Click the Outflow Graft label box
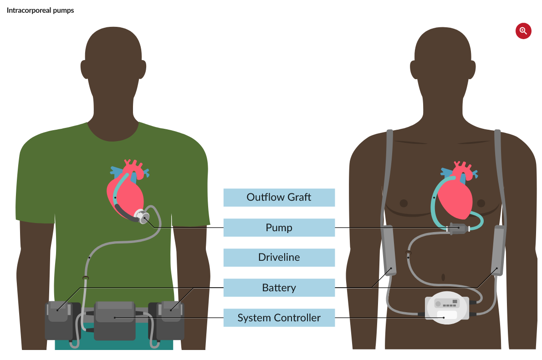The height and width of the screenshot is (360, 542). coord(279,198)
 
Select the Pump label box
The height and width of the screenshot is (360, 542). coord(279,228)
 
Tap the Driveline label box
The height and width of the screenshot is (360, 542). coord(279,257)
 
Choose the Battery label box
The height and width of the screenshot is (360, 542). coord(279,288)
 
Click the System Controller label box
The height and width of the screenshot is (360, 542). coord(279,318)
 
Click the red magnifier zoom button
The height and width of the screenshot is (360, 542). coord(523,31)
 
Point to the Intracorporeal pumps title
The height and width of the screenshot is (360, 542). coord(40,10)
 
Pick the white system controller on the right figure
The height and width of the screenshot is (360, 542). coord(446,308)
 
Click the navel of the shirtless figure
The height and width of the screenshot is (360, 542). coord(443,277)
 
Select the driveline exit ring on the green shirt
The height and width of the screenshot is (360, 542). coord(85,277)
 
